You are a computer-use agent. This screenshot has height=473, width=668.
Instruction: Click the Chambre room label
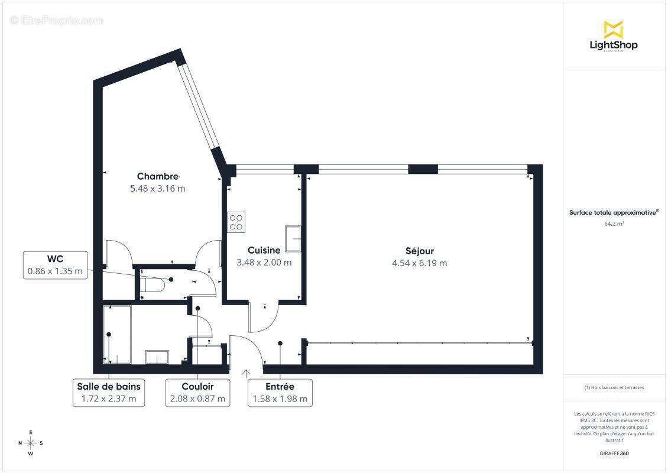point(158,176)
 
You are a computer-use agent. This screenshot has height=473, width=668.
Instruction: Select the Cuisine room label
point(264,250)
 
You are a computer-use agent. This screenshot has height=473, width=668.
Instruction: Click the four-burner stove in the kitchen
point(236,221)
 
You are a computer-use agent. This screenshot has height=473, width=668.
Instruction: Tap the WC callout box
point(56,265)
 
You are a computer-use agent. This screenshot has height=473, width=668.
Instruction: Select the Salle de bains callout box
point(109,392)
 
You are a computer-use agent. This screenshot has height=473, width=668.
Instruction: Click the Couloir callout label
point(197,386)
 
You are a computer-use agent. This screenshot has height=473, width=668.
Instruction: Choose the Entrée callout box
point(280,392)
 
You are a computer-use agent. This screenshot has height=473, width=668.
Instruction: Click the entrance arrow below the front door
point(246,373)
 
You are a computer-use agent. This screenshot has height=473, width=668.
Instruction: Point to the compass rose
point(31,442)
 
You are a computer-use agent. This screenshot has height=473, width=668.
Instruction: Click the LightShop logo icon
point(613,29)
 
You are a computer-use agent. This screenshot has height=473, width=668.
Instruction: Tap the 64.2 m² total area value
point(614,223)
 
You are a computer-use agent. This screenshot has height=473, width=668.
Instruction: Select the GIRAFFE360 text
point(614,453)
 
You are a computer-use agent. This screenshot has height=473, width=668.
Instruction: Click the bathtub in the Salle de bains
point(117,334)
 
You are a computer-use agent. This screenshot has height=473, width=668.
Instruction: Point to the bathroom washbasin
point(157,357)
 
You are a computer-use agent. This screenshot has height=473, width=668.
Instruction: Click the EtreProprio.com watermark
point(57,21)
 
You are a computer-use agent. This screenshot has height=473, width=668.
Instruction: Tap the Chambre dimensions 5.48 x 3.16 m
point(158,189)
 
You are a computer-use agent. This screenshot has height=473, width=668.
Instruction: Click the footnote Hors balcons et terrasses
point(614,387)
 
